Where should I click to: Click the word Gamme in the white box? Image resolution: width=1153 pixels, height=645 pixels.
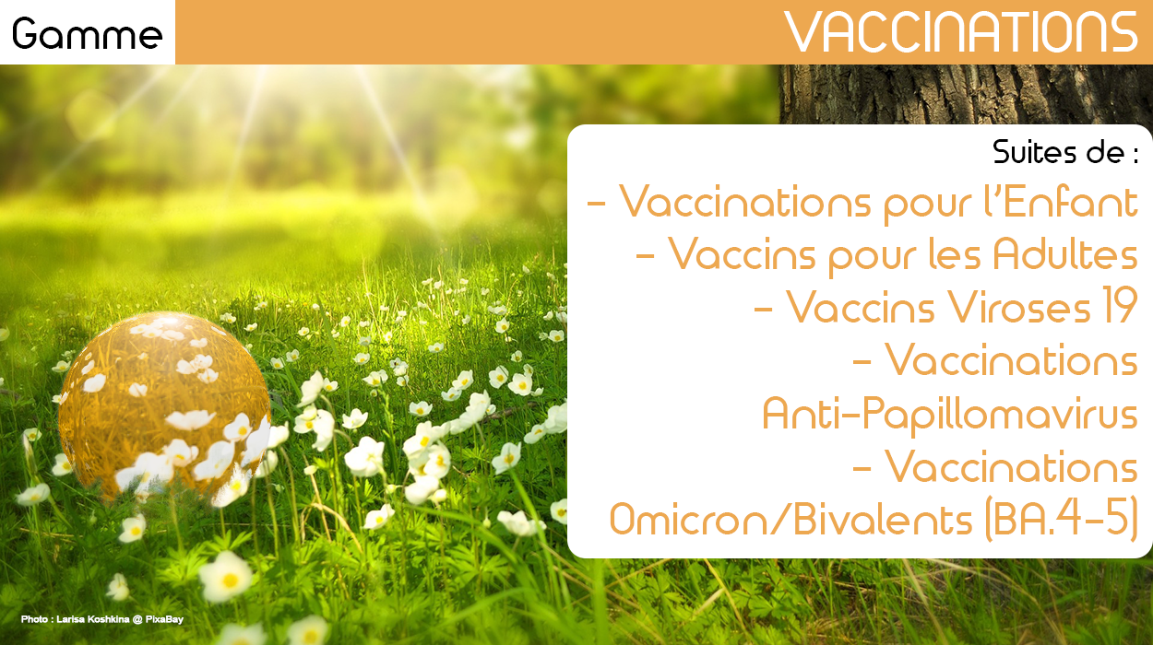coord(87,34)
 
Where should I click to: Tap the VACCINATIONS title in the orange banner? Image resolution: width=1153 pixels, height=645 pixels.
coord(961,32)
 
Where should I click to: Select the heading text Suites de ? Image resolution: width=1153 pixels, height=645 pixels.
coord(1065,152)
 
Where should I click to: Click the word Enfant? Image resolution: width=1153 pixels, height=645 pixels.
coord(1070,202)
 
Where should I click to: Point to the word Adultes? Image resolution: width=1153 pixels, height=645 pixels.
coord(1065,253)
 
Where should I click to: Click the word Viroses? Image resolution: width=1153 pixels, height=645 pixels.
coord(1019,307)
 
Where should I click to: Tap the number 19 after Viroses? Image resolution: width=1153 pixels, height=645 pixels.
coord(1120,306)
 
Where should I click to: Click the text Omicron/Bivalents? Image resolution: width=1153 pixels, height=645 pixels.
coord(790,520)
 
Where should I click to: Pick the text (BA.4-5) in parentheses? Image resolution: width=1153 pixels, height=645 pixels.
coord(1061,520)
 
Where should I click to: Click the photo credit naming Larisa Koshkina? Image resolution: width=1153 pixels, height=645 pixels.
coord(101,619)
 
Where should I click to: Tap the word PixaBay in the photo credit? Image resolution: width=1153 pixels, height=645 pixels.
coord(164,619)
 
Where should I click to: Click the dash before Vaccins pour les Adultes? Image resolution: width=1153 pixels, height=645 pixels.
coord(645,254)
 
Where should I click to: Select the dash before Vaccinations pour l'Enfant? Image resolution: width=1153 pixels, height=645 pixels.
coord(596,203)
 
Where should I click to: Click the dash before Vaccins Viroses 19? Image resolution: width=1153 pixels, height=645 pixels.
coord(763,308)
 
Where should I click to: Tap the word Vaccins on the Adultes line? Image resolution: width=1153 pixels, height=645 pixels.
coord(742,253)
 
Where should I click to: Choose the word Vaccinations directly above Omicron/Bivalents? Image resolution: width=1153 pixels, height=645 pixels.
coord(1011,466)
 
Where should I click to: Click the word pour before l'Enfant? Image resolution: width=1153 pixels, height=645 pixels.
coord(928,205)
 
